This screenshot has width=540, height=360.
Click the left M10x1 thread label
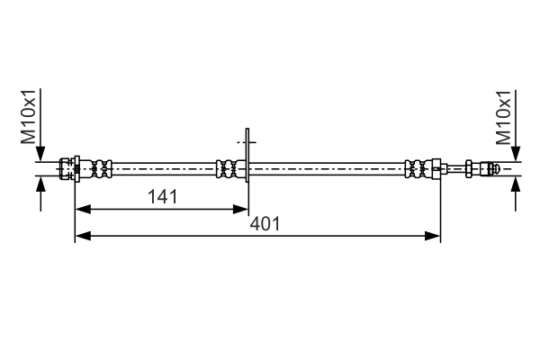(x=30, y=116)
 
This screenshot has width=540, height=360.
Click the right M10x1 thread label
(x=504, y=116)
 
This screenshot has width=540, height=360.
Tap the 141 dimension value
(x=161, y=196)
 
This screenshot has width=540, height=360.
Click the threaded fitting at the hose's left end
(x=67, y=167)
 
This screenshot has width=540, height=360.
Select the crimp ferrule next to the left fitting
(x=99, y=167)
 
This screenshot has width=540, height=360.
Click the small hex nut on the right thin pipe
(x=471, y=167)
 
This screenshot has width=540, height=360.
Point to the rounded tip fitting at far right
(x=491, y=167)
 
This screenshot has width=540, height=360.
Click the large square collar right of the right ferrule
(x=436, y=167)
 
